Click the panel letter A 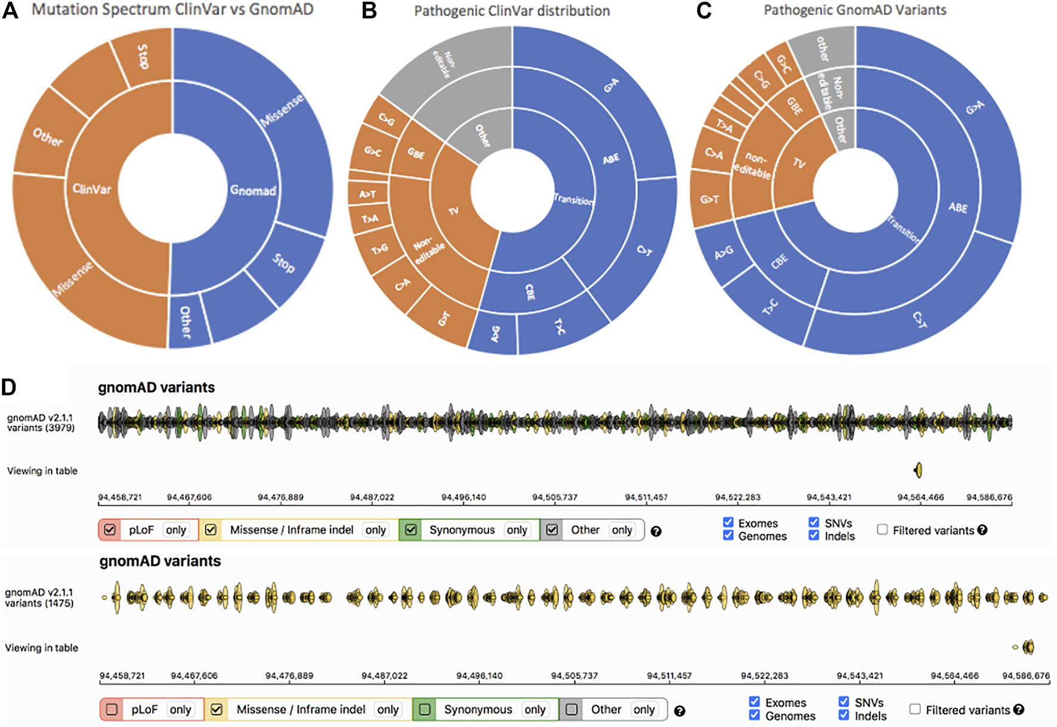10,10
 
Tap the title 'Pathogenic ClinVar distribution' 512,11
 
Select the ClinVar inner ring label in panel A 91,189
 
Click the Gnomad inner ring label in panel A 253,190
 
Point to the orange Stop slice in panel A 143,56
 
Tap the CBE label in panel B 530,292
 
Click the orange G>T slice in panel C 710,199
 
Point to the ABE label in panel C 958,207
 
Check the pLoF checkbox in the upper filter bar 110,530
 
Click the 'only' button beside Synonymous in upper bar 517,530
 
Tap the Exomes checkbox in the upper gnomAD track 728,523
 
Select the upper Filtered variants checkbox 882,529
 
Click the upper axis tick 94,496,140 464,497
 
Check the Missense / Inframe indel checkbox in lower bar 217,710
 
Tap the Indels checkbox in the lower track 844,715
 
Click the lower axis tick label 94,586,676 1026,676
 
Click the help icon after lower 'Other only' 679,711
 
